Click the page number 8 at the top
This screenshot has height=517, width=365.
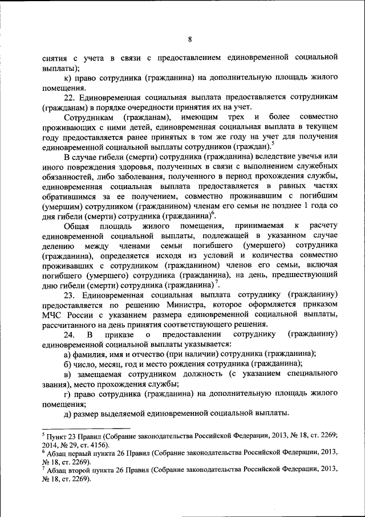[190, 39]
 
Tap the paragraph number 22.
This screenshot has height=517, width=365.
[71, 98]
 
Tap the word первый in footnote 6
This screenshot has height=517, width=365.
[81, 453]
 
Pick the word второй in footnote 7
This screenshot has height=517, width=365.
[80, 470]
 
